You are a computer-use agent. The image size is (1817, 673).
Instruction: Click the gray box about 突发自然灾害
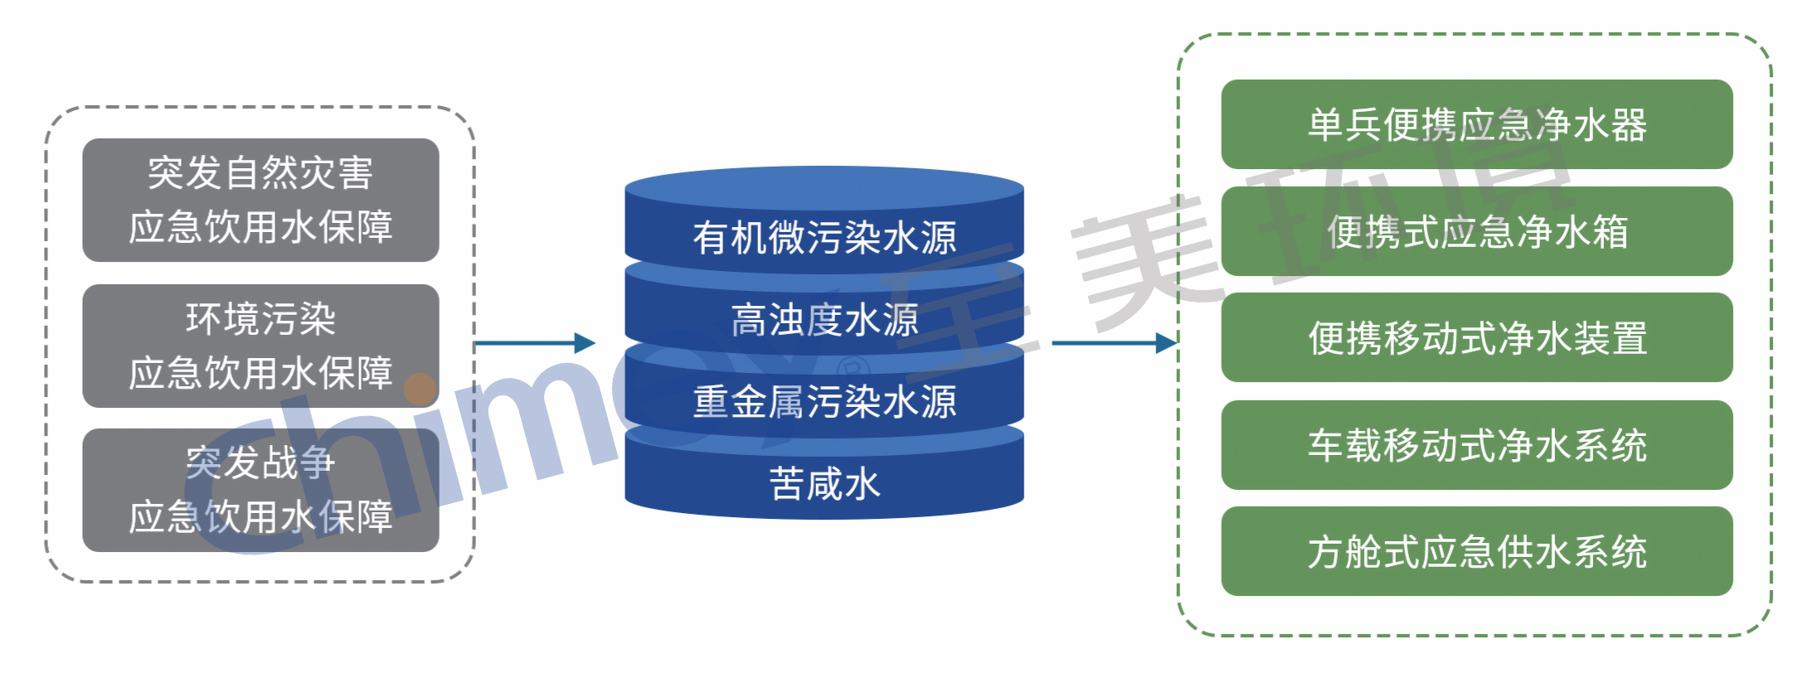tap(260, 200)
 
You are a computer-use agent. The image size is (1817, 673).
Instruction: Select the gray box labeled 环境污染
tap(260, 346)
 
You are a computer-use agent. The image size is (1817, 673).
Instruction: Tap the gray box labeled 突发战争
tap(260, 490)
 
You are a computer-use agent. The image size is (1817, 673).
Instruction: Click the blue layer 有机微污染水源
tap(824, 237)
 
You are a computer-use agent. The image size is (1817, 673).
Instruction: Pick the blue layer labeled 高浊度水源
tap(824, 319)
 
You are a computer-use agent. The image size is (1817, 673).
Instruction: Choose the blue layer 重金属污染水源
tap(824, 401)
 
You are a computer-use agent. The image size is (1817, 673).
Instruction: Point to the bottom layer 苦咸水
tap(824, 483)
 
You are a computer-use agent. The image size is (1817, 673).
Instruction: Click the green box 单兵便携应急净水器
tap(1476, 124)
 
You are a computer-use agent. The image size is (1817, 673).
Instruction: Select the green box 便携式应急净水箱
tap(1476, 231)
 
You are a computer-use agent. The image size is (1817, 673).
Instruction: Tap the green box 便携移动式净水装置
tap(1476, 337)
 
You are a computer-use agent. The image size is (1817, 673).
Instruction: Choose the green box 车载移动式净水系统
tap(1476, 445)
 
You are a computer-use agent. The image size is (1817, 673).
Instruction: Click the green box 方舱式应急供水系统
tap(1476, 551)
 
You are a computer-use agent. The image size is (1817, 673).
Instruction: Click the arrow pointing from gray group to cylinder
tap(535, 342)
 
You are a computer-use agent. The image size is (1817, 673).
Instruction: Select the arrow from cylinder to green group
tap(1114, 342)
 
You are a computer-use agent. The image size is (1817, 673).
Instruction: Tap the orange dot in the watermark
tap(420, 389)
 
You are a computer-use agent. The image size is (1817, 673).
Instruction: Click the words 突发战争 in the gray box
tap(260, 462)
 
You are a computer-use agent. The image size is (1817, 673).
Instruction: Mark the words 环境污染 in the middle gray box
tap(260, 319)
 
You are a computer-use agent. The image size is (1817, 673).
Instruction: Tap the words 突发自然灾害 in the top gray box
tap(260, 173)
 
